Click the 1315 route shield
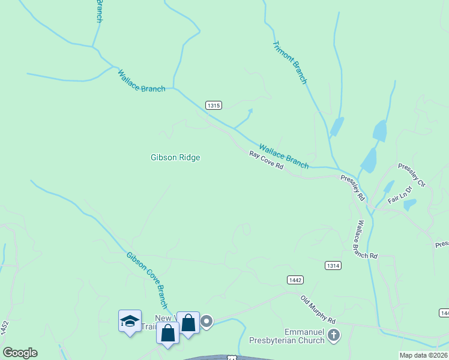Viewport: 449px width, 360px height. click(214, 105)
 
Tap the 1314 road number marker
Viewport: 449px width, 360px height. click(333, 265)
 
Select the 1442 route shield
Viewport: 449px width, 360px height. click(295, 280)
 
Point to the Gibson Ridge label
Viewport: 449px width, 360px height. click(175, 157)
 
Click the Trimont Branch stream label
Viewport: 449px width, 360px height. click(290, 62)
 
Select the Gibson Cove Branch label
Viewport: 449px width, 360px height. click(146, 280)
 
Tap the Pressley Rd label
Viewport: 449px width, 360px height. click(352, 187)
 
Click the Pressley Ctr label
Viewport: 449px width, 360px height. click(411, 174)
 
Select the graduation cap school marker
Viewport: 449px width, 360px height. click(130, 322)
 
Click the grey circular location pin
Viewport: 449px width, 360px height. click(206, 322)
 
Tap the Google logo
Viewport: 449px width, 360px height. click(20, 353)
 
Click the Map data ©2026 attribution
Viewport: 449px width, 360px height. click(424, 355)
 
